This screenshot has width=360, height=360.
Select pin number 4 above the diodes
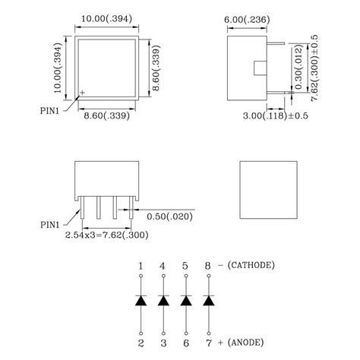pos(163,265)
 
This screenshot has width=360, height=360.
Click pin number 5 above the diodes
pos(185,265)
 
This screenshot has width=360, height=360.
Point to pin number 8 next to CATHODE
pos(207,265)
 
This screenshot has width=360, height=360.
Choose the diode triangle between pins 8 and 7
pos(207,302)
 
